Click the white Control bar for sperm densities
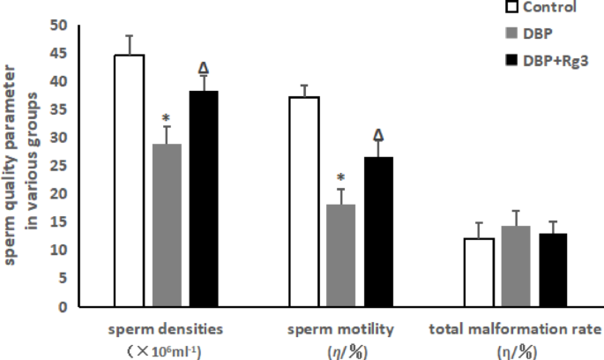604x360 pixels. [x=129, y=181]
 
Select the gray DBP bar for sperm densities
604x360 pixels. [x=167, y=225]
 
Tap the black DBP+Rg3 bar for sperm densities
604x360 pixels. [x=204, y=199]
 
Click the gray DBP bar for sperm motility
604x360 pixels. [x=341, y=256]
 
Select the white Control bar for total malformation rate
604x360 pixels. [x=479, y=273]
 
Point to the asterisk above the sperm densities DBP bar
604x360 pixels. [x=166, y=118]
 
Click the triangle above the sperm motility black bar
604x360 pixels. [x=379, y=135]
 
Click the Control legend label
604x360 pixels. [x=549, y=8]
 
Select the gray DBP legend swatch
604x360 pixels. [x=510, y=34]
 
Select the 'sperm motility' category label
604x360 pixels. [x=340, y=330]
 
